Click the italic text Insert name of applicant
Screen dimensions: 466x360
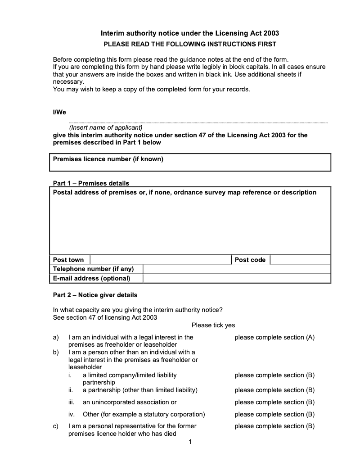click(x=105, y=127)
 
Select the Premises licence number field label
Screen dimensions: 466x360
click(x=108, y=159)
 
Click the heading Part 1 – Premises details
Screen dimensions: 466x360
click(x=91, y=183)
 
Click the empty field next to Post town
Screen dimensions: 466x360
click(x=161, y=260)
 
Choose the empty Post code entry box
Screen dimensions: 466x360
click(x=300, y=260)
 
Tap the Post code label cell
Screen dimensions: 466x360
click(x=250, y=260)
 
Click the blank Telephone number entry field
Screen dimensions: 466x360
click(x=237, y=269)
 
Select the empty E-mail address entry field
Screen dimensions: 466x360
click(x=237, y=278)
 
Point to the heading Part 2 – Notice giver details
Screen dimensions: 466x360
click(x=95, y=295)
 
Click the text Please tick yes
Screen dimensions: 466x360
click(x=213, y=325)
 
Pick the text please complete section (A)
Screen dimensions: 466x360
click(x=274, y=337)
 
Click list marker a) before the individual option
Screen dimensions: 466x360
click(x=56, y=337)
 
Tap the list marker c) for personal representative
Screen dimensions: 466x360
click(x=56, y=426)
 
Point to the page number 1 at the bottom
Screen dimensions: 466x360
click(x=190, y=442)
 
